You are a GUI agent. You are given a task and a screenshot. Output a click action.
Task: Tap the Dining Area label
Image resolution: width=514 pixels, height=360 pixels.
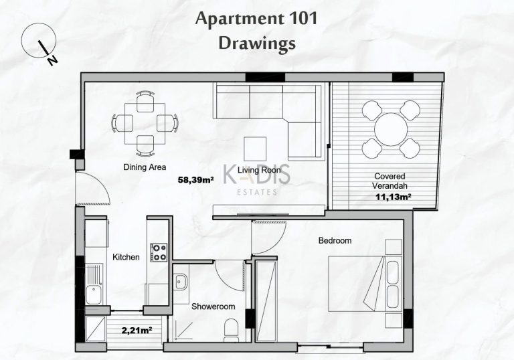(x=145, y=167)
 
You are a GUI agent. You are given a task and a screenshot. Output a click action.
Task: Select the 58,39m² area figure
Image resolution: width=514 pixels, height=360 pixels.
(x=196, y=179)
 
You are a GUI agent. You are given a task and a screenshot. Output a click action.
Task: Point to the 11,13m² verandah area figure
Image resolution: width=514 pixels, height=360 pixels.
(x=394, y=197)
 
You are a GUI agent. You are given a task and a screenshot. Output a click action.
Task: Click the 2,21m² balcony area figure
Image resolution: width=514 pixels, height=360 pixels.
(x=137, y=330)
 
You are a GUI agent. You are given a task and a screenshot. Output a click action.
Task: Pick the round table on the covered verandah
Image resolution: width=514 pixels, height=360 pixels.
(x=391, y=129)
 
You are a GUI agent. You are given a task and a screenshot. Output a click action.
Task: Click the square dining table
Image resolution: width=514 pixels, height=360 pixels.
(x=145, y=124)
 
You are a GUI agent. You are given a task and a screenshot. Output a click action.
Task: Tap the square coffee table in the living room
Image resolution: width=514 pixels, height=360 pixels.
(x=255, y=149)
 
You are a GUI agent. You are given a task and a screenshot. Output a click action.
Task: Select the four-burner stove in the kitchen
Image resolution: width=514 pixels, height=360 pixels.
(x=159, y=252)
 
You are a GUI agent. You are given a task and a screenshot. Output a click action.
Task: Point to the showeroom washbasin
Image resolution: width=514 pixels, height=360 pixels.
(x=180, y=282)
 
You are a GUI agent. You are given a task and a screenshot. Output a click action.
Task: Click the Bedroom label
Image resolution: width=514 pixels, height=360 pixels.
(x=335, y=241)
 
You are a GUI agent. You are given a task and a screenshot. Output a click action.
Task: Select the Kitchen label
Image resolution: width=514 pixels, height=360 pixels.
(x=126, y=257)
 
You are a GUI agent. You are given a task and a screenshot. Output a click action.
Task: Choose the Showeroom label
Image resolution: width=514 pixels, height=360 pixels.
(x=213, y=306)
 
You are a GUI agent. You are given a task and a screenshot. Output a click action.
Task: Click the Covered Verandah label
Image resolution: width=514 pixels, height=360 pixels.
(x=390, y=181)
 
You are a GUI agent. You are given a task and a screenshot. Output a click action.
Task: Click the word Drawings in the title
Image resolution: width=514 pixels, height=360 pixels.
(x=257, y=43)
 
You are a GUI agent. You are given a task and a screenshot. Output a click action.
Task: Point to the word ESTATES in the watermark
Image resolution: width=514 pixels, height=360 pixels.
(x=257, y=192)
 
